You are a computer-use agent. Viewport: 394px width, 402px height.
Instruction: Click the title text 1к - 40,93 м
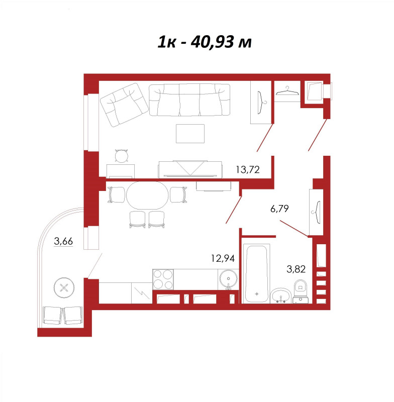[x=205, y=42]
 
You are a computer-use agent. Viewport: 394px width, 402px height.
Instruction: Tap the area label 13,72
[x=248, y=169]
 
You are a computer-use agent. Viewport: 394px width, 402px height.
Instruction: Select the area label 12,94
[x=223, y=258]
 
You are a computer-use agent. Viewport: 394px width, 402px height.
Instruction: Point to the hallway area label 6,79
[x=279, y=209]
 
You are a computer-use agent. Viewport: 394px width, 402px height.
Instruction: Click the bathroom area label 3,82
[x=296, y=269]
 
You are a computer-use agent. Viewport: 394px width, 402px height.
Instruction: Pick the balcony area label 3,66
[x=63, y=241]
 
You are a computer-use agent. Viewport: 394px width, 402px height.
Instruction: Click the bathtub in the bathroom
[x=256, y=274]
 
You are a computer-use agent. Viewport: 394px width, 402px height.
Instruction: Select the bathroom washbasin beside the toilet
[x=281, y=295]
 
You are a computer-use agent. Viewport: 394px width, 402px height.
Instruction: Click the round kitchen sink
[x=228, y=279]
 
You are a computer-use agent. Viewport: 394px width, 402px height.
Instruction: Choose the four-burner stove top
[x=163, y=279]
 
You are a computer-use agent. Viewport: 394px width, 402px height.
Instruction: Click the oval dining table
[x=147, y=195]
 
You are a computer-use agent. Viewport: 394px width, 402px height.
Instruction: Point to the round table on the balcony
[x=64, y=287]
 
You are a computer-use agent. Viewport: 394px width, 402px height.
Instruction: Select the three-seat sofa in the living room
[x=189, y=99]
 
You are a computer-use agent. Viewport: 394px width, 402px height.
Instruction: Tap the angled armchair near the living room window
[x=124, y=105]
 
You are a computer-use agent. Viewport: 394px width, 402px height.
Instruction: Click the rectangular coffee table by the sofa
[x=190, y=134]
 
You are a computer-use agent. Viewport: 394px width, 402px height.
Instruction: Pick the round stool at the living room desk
[x=122, y=156]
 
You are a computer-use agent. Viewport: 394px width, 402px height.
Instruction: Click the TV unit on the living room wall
[x=190, y=169]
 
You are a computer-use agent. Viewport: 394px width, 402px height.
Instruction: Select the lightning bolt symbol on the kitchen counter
[x=141, y=293]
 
